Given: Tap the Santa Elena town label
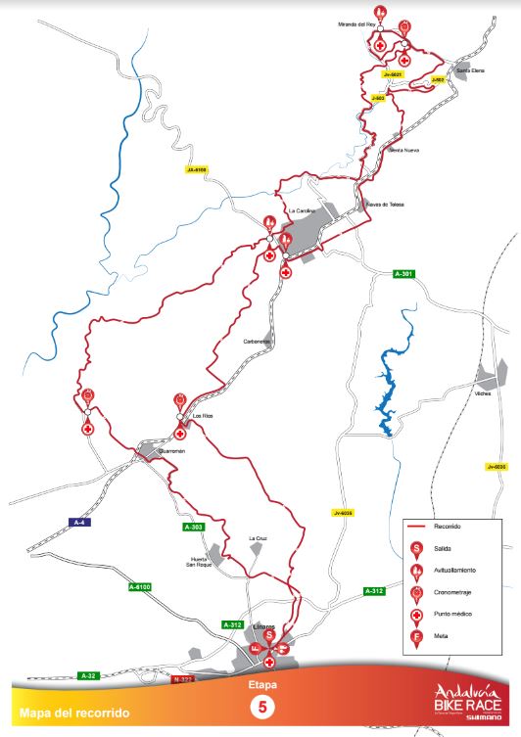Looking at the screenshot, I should (x=457, y=70).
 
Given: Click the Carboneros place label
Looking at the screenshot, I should (x=257, y=341).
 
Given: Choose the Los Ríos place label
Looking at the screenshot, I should (x=203, y=416).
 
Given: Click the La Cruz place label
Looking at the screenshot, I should (x=258, y=537).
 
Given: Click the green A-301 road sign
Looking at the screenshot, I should (x=405, y=272).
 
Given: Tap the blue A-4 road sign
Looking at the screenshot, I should (x=82, y=522).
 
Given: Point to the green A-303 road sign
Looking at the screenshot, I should (x=194, y=528).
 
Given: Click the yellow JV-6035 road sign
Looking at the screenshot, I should (x=342, y=513).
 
